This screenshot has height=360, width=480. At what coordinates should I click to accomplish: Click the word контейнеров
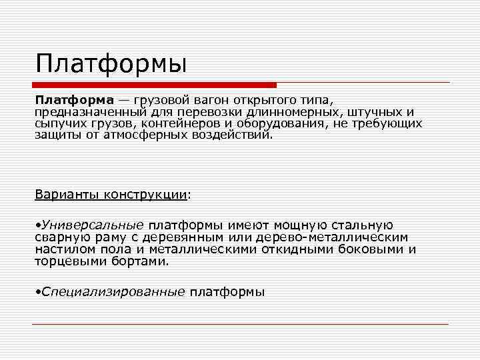click(x=189, y=123)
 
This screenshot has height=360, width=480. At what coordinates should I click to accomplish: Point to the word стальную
click(x=365, y=226)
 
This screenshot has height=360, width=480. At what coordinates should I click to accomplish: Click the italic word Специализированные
click(x=113, y=292)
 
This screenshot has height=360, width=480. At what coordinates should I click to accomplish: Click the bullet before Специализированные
click(x=37, y=292)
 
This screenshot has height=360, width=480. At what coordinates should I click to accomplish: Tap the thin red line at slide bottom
click(x=240, y=325)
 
